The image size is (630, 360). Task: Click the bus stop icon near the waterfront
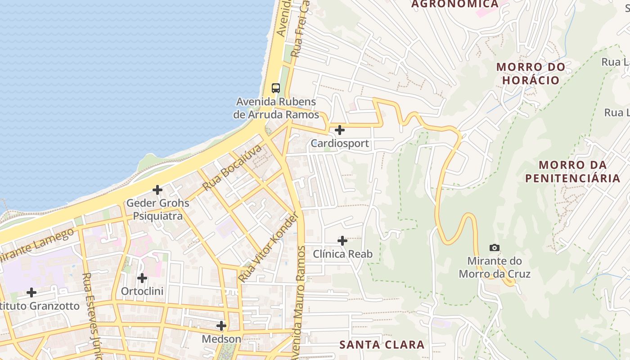276,88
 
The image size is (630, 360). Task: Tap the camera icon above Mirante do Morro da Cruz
494,247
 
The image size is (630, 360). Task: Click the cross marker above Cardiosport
340,130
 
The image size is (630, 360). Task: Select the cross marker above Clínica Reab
342,241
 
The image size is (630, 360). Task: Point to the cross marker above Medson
221,325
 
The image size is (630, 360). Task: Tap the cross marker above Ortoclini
142,278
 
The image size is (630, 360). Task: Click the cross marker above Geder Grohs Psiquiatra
157,190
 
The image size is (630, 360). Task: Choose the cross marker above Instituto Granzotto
31,292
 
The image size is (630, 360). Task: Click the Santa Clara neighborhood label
382,345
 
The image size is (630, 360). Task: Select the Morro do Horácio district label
531,74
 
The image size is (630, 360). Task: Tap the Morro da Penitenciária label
572,171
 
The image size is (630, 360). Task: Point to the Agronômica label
455,4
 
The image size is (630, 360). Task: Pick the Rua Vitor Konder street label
268,248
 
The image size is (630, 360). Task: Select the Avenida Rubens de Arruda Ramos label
276,108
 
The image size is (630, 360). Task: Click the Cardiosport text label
340,144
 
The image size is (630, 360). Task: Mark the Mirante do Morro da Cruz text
494,267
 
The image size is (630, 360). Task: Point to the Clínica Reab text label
342,254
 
